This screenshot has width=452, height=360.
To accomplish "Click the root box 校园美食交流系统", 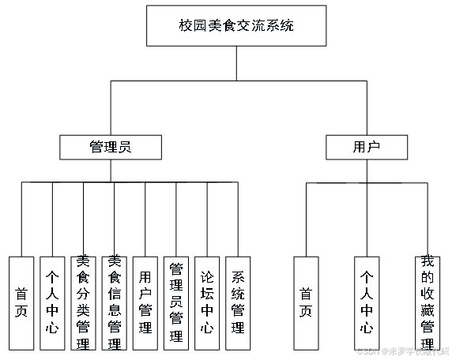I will pyautogui.click(x=236, y=25).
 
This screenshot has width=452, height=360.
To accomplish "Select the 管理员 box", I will pyautogui.click(x=111, y=147).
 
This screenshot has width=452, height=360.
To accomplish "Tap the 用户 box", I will pyautogui.click(x=367, y=147).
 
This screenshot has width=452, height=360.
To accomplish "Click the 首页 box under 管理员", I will pyautogui.click(x=21, y=302).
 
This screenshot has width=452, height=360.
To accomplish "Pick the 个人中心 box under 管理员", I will pyautogui.click(x=52, y=302).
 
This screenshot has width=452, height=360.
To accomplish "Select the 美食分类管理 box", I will pyautogui.click(x=83, y=302).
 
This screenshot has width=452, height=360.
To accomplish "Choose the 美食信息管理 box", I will pyautogui.click(x=114, y=302).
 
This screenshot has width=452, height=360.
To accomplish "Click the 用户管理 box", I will pyautogui.click(x=145, y=302).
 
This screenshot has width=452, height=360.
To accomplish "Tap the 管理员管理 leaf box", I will pyautogui.click(x=176, y=302).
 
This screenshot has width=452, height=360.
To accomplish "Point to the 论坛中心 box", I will pyautogui.click(x=207, y=302).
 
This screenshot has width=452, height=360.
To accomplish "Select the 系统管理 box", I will pyautogui.click(x=238, y=302).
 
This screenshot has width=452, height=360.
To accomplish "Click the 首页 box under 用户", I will pyautogui.click(x=306, y=302).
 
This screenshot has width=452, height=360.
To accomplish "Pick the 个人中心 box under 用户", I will pyautogui.click(x=367, y=302).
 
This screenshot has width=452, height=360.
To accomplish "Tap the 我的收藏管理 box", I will pyautogui.click(x=428, y=302).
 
